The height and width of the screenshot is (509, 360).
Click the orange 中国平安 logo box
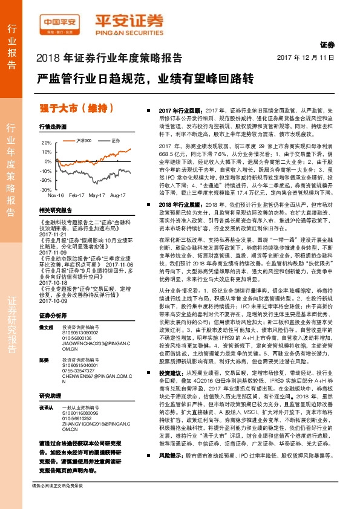click(x=62, y=23)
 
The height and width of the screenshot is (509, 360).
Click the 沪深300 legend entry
click(x=83, y=140)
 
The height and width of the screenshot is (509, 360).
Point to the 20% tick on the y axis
click(x=47, y=143)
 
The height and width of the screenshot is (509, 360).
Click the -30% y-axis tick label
click(x=46, y=189)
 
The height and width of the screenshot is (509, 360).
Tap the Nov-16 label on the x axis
click(x=56, y=196)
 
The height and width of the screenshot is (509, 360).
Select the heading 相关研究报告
click(x=55, y=210)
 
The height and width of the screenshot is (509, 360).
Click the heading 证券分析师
click(x=51, y=299)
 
